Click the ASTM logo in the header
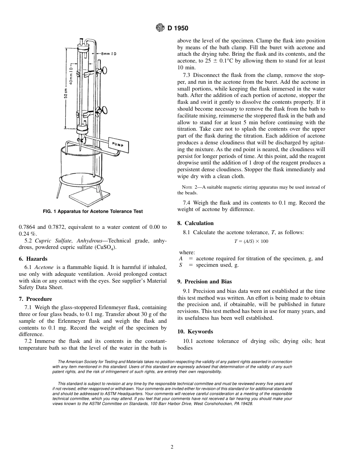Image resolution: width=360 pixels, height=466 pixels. tap(160, 28)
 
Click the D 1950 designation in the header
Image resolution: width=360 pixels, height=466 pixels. tap(178, 28)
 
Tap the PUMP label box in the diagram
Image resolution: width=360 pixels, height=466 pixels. tap(118, 144)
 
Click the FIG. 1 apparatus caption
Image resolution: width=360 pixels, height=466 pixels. tap(92, 211)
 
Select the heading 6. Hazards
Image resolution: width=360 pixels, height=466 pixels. tap(33, 259)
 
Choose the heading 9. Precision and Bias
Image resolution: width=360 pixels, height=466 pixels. tap(204, 281)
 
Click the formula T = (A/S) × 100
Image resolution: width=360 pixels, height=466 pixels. tap(251, 241)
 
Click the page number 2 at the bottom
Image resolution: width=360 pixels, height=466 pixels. tap(172, 447)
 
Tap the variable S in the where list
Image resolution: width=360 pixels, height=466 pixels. tap(181, 265)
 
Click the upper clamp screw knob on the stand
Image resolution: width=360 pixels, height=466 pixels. tap(103, 70)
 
